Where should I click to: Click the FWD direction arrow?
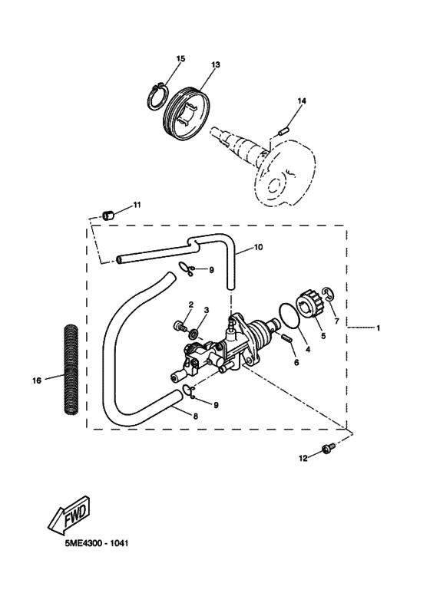click(70, 515)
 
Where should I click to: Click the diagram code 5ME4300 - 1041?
click(97, 543)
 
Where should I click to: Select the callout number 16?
click(36, 380)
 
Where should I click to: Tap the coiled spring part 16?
click(71, 370)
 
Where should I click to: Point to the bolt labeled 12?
click(327, 450)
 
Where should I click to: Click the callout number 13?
click(216, 64)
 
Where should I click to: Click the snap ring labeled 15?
click(157, 97)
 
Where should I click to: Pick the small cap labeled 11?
click(107, 215)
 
